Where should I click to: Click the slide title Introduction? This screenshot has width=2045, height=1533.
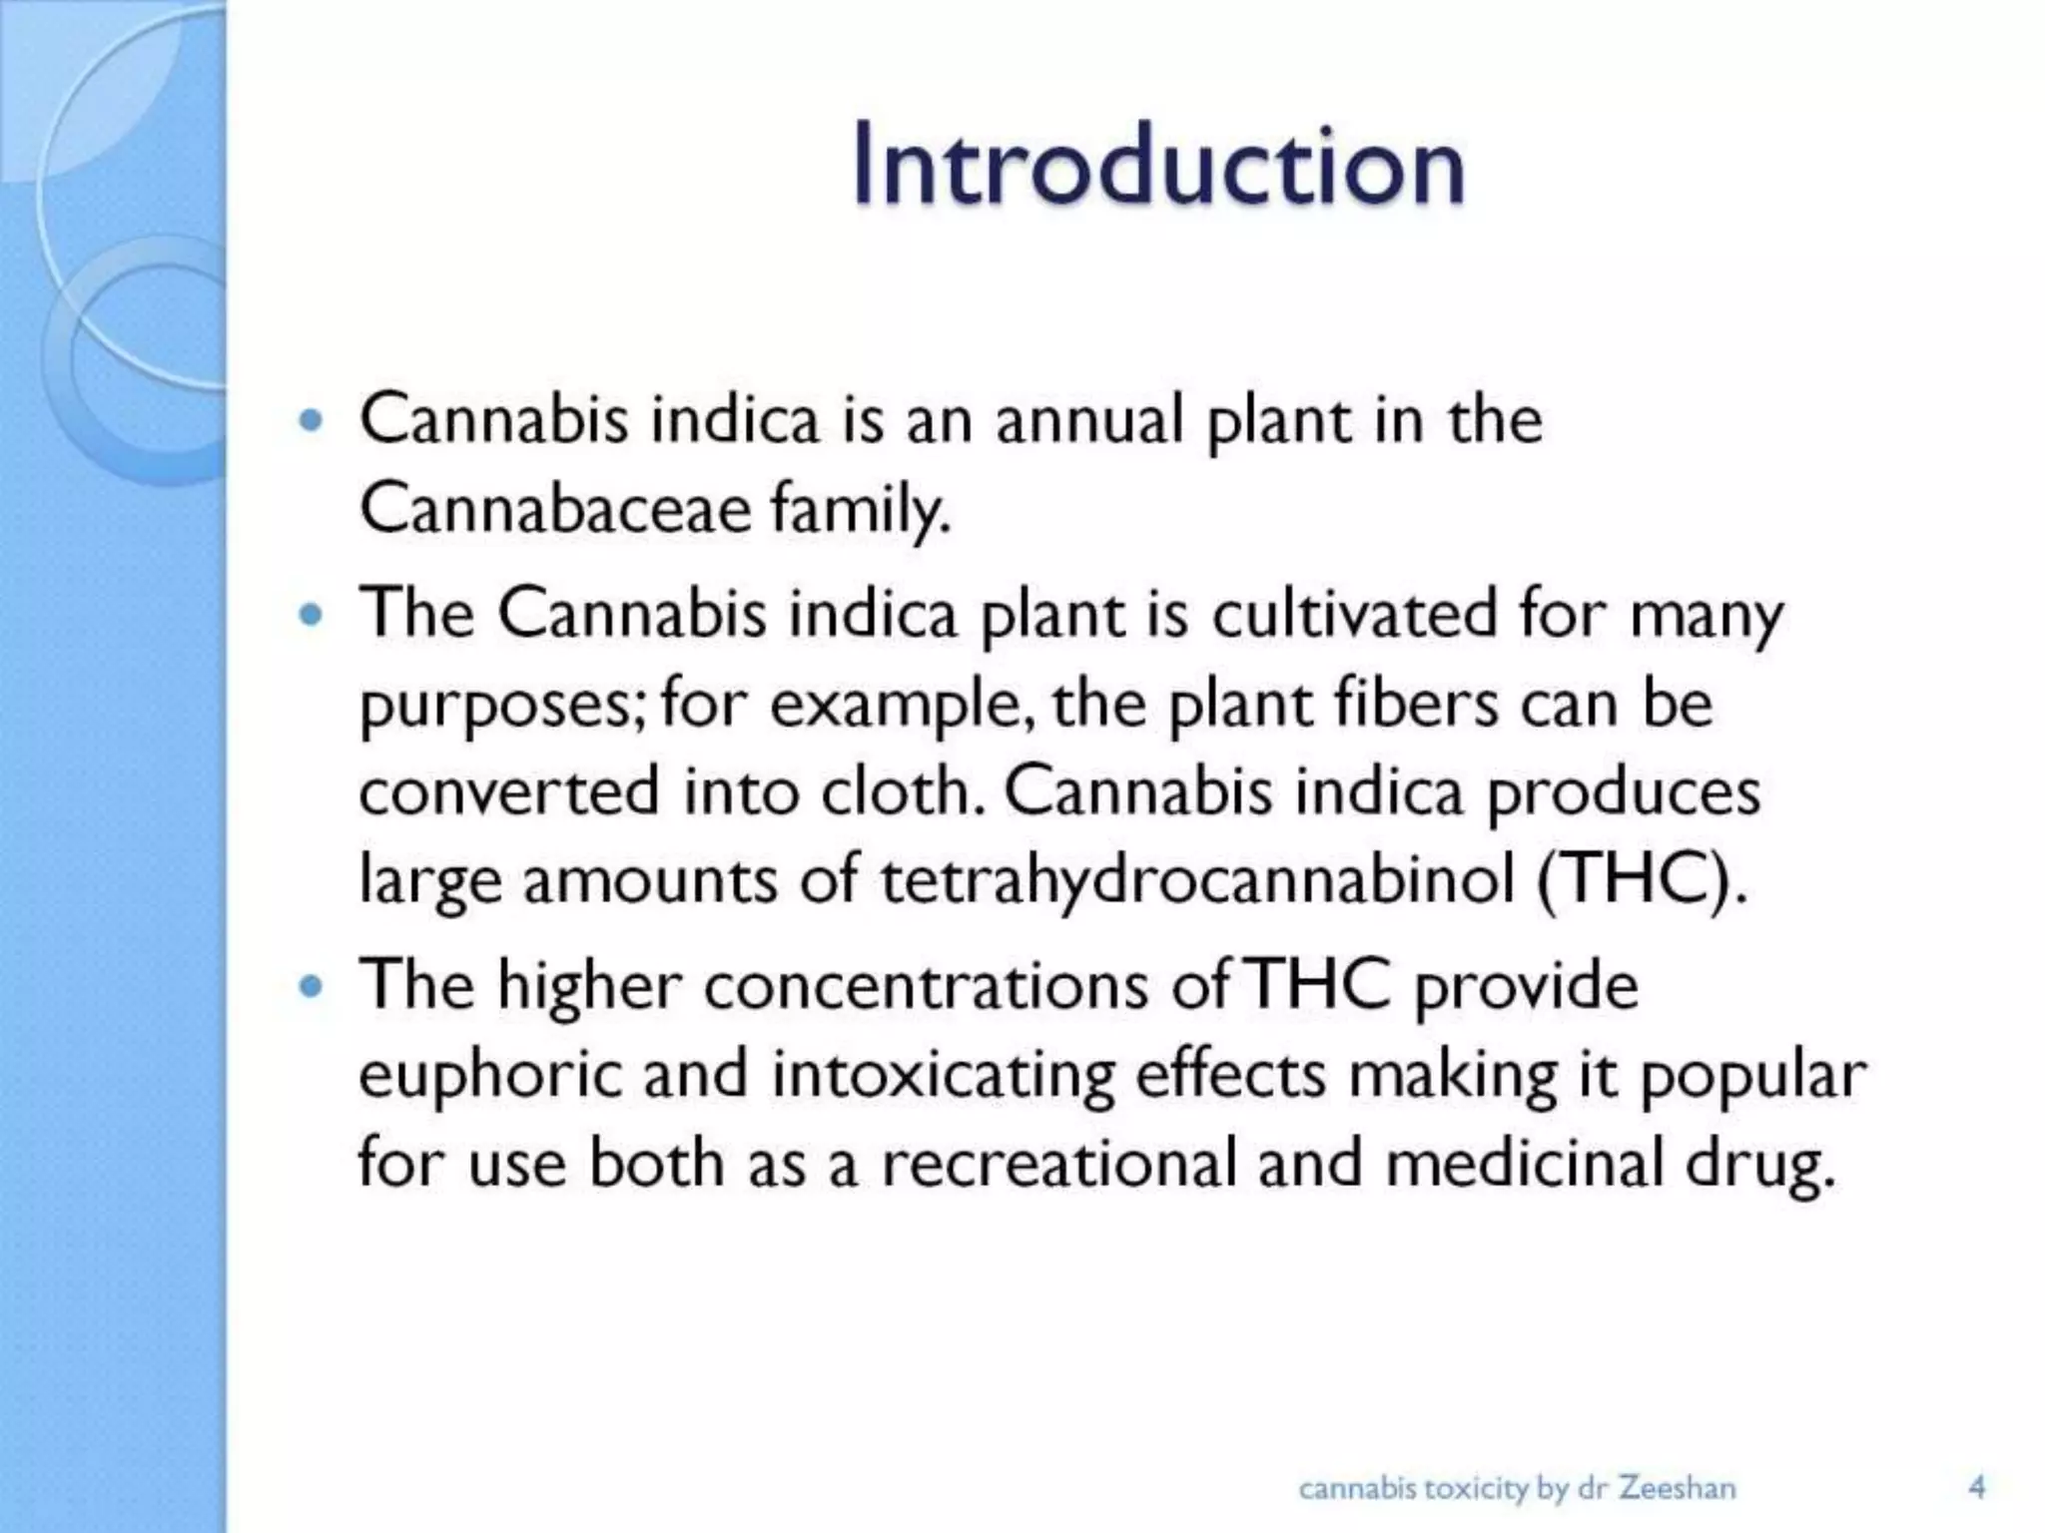click(1158, 165)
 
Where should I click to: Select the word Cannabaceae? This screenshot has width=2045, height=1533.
click(555, 508)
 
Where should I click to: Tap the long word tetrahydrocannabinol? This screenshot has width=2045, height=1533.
click(1197, 880)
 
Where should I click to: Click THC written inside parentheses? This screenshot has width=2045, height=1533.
click(1641, 880)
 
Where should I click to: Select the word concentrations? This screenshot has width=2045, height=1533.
click(926, 985)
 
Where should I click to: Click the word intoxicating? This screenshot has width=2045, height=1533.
click(944, 1076)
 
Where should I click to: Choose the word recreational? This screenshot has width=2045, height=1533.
click(1058, 1164)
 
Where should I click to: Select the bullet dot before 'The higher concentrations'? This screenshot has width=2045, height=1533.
click(312, 987)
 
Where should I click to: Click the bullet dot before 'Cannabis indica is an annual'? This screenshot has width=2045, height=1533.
click(312, 420)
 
